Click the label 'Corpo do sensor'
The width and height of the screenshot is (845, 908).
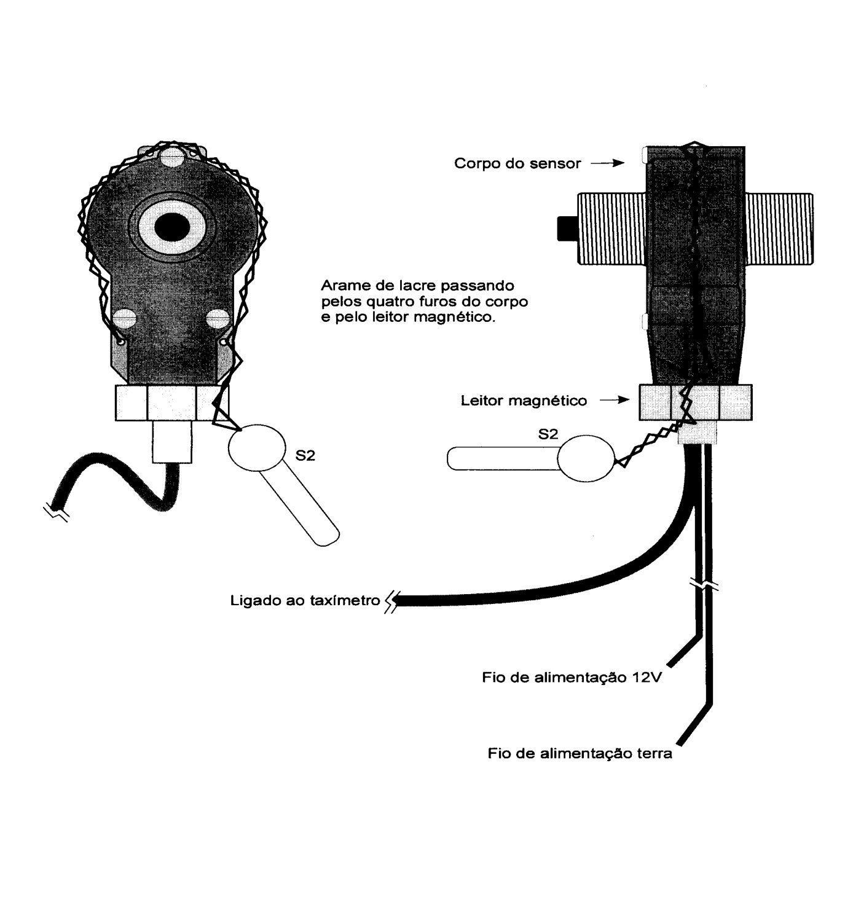pyautogui.click(x=517, y=163)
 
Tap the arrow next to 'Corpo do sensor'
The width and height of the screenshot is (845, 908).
pyautogui.click(x=608, y=163)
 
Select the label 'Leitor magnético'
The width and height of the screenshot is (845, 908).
pyautogui.click(x=524, y=401)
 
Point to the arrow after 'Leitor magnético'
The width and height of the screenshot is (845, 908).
pyautogui.click(x=615, y=400)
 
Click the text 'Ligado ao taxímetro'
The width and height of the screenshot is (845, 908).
pyautogui.click(x=305, y=600)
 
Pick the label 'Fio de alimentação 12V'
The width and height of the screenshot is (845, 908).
pyautogui.click(x=572, y=677)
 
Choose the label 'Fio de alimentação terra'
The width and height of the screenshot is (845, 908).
pyautogui.click(x=580, y=753)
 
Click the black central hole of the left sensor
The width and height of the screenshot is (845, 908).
pyautogui.click(x=172, y=227)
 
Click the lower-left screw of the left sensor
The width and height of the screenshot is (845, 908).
pyautogui.click(x=124, y=318)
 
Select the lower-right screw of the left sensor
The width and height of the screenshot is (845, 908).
pyautogui.click(x=218, y=318)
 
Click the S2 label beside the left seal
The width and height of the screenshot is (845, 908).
pyautogui.click(x=305, y=455)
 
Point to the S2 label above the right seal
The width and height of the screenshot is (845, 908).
pyautogui.click(x=548, y=434)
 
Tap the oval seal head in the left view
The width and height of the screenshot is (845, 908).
pyautogui.click(x=257, y=448)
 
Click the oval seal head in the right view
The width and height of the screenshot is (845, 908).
pyautogui.click(x=586, y=458)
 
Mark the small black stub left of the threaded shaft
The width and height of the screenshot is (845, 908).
pyautogui.click(x=567, y=228)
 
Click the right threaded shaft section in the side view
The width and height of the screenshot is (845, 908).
pyautogui.click(x=779, y=229)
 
